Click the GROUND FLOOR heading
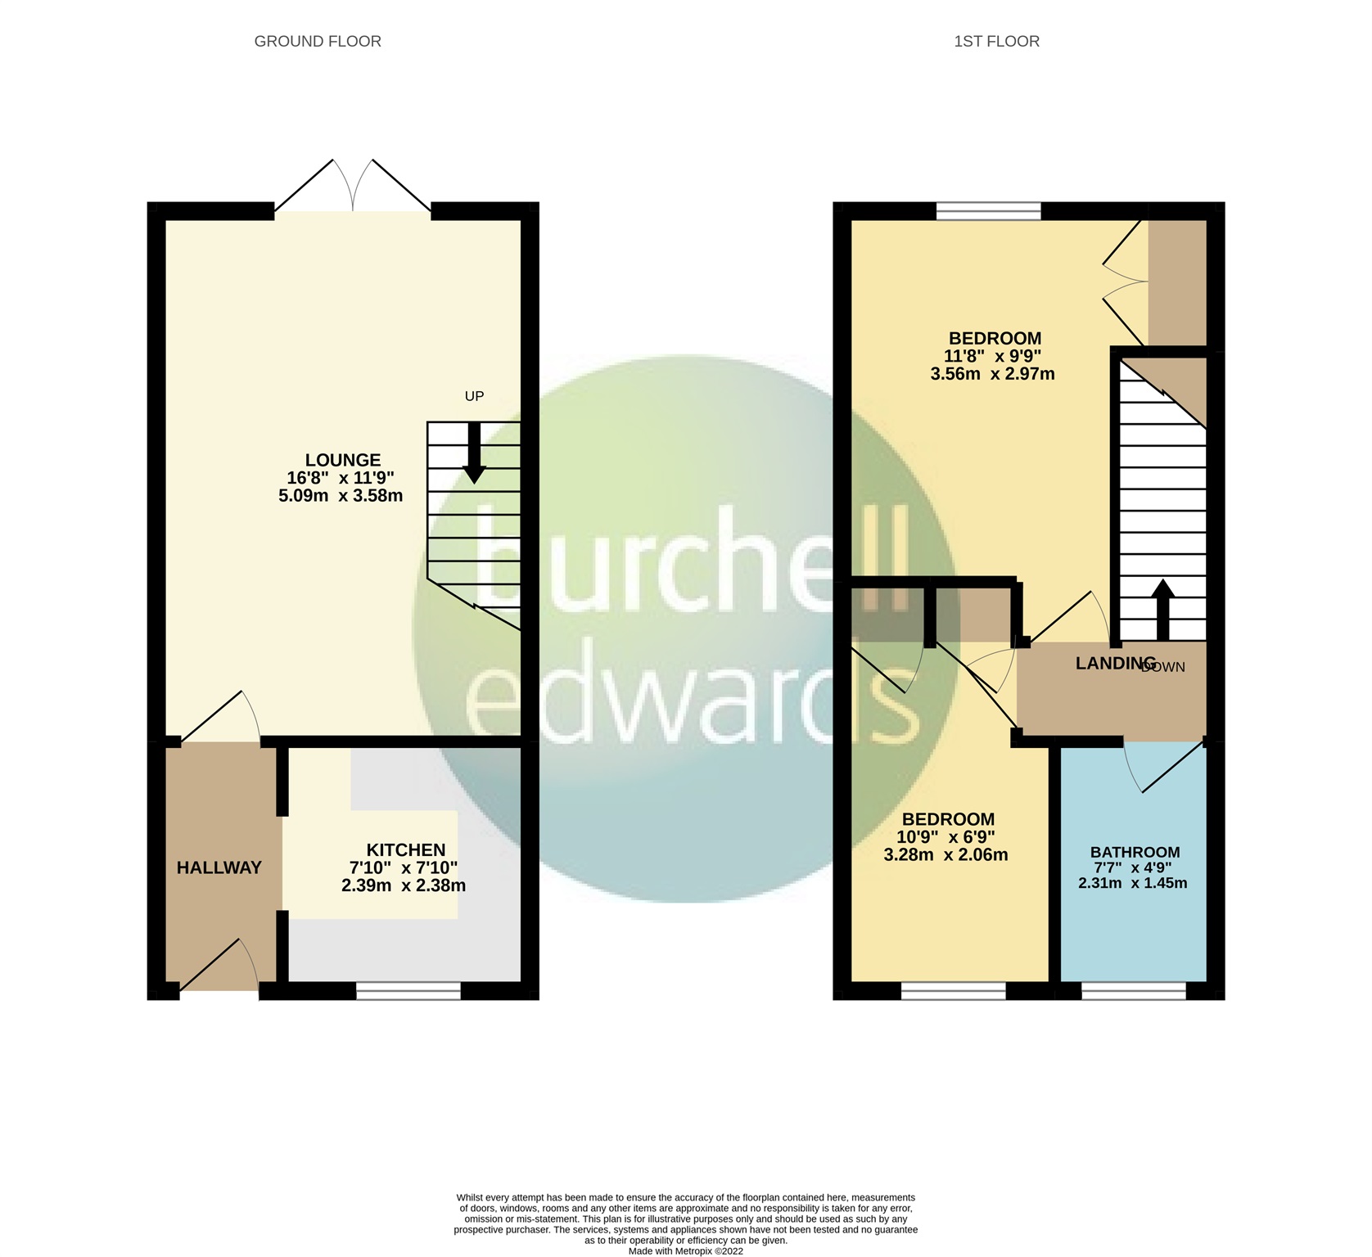318,41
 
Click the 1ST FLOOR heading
996,41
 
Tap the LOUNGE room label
343,460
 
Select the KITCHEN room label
405,850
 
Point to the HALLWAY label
219,867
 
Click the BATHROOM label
1135,852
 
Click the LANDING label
1115,663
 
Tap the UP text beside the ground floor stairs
474,396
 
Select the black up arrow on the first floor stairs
1162,610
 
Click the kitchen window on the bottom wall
408,991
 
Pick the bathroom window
1133,991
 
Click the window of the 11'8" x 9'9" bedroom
988,211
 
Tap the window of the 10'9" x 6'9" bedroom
953,991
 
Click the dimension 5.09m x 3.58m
341,496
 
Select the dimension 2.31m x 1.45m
1133,883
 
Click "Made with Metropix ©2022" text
685,1250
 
